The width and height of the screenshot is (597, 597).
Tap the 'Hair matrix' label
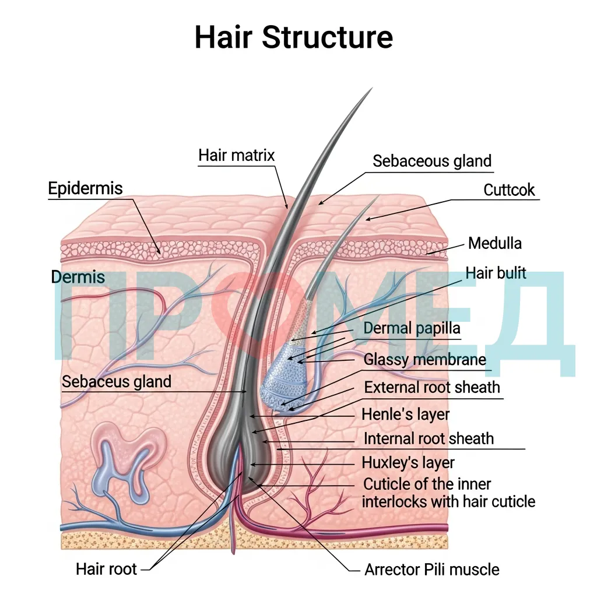pyautogui.click(x=237, y=155)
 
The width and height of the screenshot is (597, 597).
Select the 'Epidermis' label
pyautogui.click(x=85, y=188)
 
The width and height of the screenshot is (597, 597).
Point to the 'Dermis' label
pyautogui.click(x=78, y=277)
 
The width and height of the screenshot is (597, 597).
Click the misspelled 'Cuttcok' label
pyautogui.click(x=509, y=189)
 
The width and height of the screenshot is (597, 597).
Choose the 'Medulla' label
pyautogui.click(x=494, y=243)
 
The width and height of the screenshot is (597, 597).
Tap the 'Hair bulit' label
pyautogui.click(x=496, y=273)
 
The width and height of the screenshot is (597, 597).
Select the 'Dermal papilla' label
pyautogui.click(x=412, y=328)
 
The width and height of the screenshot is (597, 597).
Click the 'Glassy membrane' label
pyautogui.click(x=425, y=359)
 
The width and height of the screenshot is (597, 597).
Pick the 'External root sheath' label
pyautogui.click(x=432, y=387)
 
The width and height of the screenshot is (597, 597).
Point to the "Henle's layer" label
pyautogui.click(x=406, y=415)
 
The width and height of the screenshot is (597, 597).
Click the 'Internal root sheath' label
pyautogui.click(x=429, y=438)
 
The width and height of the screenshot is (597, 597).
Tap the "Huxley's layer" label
pyautogui.click(x=408, y=463)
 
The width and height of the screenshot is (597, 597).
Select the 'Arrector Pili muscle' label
pyautogui.click(x=432, y=570)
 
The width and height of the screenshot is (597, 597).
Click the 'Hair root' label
pyautogui.click(x=106, y=569)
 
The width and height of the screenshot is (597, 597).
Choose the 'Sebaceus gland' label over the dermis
pyautogui.click(x=117, y=381)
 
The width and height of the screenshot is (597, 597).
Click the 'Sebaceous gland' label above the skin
pyautogui.click(x=432, y=161)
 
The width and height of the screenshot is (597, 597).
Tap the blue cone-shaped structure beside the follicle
pyautogui.click(x=286, y=375)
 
